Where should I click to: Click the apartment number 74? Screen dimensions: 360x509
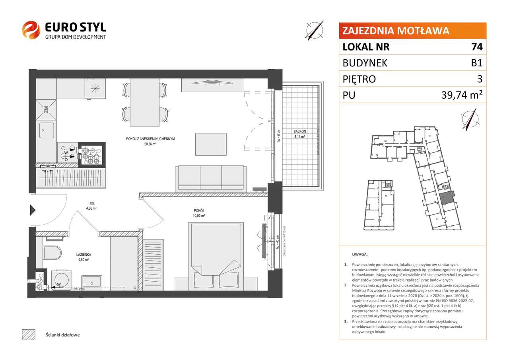[477, 47]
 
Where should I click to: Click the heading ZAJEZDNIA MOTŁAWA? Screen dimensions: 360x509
[396, 31]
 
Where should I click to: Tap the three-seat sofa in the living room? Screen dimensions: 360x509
[210, 177]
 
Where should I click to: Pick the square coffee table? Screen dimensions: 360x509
[210, 144]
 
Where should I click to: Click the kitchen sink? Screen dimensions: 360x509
[46, 130]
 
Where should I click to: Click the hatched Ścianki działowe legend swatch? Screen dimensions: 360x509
[28, 335]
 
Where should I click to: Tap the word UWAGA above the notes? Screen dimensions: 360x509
[359, 254]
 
